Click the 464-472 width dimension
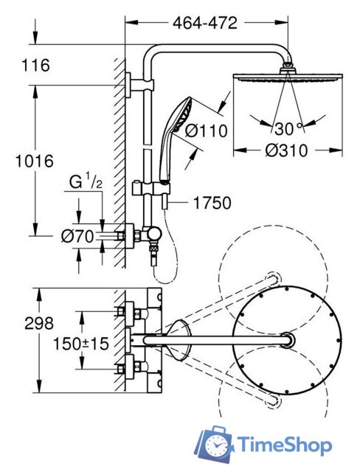tap(205, 23)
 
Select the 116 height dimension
tap(36, 66)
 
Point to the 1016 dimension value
tap(35, 161)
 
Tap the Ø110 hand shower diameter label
tap(206, 131)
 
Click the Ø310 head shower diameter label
tap(286, 150)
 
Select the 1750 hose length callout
tap(212, 203)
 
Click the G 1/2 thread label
tap(86, 182)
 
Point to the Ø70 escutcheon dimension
tap(77, 237)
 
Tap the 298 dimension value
tap(39, 324)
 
